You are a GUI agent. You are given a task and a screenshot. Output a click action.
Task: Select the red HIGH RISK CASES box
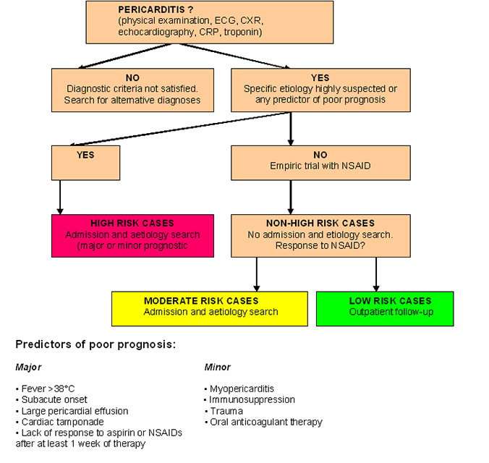pyautogui.click(x=132, y=235)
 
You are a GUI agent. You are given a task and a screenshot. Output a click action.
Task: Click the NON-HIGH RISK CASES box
pyautogui.click(x=320, y=235)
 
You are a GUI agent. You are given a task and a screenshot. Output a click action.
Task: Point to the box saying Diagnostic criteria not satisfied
pyautogui.click(x=132, y=90)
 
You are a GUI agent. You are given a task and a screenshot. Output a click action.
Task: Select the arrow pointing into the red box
pyautogui.click(x=60, y=198)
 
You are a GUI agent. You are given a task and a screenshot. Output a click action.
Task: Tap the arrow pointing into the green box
pyautogui.click(x=376, y=275)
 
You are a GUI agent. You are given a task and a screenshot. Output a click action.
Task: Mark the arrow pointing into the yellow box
pyautogui.click(x=257, y=275)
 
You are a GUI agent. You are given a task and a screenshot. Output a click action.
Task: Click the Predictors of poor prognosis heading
pyautogui.click(x=95, y=344)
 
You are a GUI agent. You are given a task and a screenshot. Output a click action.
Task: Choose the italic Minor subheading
pyautogui.click(x=218, y=368)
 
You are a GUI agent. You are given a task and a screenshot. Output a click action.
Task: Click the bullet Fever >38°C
pyautogui.click(x=47, y=388)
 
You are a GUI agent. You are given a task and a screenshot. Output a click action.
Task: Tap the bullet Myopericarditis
pyautogui.click(x=242, y=388)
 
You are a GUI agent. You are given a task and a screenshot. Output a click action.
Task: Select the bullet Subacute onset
pyautogui.click(x=53, y=399)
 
